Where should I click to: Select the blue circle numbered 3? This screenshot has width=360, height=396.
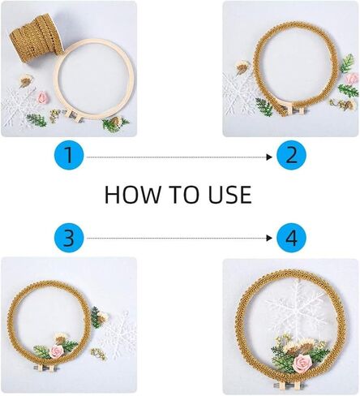69,238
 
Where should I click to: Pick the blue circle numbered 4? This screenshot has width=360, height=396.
291,238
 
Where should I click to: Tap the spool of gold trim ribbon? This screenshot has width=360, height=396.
37,35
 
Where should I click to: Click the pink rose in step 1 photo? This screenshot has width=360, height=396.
42,97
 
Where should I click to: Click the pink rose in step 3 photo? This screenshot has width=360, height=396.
57,351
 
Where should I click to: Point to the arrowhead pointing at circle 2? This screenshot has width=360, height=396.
269,157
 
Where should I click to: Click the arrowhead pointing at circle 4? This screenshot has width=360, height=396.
269,238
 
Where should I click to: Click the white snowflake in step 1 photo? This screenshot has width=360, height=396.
19,107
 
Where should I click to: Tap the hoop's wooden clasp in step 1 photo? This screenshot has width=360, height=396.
72,115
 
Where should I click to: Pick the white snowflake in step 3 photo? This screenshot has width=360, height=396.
119,335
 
